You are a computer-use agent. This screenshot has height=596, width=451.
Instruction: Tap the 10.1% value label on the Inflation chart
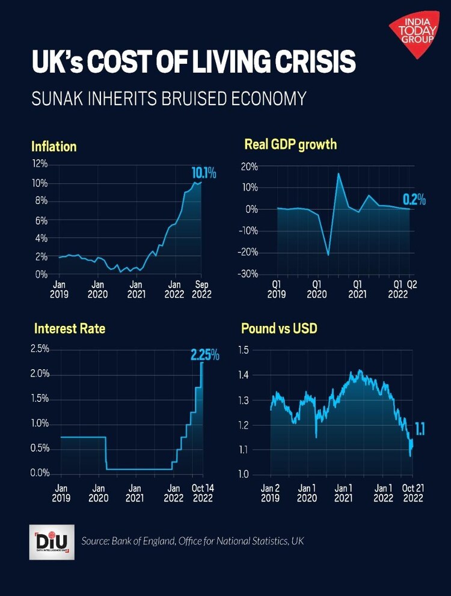[x=203, y=174]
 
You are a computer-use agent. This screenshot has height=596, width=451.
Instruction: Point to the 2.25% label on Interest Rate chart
[x=204, y=355]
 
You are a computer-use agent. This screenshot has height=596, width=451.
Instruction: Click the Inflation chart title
[x=54, y=146]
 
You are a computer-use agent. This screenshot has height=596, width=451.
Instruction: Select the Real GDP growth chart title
[x=290, y=144]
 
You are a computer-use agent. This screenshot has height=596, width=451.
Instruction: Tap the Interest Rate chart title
[x=70, y=328]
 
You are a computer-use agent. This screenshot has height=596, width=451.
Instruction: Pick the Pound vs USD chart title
[x=279, y=328]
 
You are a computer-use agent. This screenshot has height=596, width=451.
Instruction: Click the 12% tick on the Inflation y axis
[x=40, y=164]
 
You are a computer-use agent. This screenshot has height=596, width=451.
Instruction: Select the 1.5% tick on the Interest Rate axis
[x=40, y=398]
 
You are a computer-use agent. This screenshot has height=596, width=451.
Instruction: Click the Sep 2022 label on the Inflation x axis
[x=200, y=289]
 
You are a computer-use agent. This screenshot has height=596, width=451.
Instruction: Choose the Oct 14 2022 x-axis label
[x=201, y=493]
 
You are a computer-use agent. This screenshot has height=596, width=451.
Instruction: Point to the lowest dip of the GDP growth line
[x=328, y=256]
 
